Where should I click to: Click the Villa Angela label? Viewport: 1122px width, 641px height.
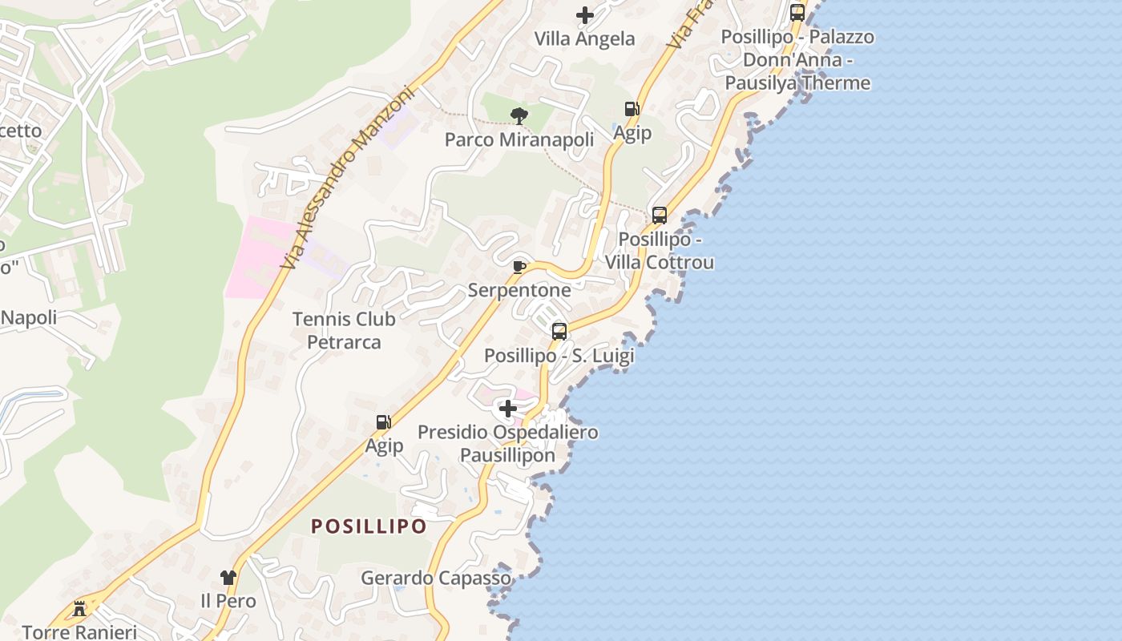584,38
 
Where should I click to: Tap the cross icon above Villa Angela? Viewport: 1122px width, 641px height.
585,14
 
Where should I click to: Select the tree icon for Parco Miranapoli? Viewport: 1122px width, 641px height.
519,116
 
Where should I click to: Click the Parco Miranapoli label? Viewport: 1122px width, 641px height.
519,140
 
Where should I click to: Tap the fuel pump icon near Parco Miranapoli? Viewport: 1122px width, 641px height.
632,109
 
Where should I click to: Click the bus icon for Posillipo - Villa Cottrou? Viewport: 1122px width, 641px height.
660,216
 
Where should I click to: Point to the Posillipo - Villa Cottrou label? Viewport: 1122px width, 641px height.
660,251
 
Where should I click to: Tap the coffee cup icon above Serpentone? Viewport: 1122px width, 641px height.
519,266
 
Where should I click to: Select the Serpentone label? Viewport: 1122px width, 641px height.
519,290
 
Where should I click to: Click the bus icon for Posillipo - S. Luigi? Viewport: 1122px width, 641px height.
559,331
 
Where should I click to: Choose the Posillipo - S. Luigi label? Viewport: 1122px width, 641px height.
559,356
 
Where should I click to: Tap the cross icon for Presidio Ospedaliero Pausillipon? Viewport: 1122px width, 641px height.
508,409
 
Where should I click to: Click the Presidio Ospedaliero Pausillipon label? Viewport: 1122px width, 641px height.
508,444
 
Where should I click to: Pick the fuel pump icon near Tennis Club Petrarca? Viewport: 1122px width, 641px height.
384,422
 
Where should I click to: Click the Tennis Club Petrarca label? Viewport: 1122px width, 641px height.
344,330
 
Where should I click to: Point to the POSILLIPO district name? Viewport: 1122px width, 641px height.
369,526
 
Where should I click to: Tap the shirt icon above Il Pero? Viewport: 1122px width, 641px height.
228,578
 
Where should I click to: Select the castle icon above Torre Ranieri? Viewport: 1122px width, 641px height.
79,609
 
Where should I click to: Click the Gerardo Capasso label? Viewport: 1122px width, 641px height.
436,578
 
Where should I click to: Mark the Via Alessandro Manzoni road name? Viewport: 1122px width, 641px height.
347,176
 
